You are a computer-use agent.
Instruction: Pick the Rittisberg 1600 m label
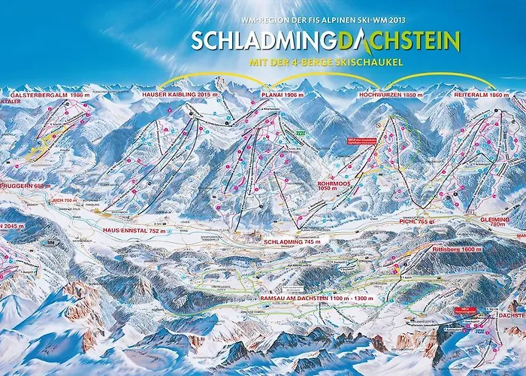[457, 249]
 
